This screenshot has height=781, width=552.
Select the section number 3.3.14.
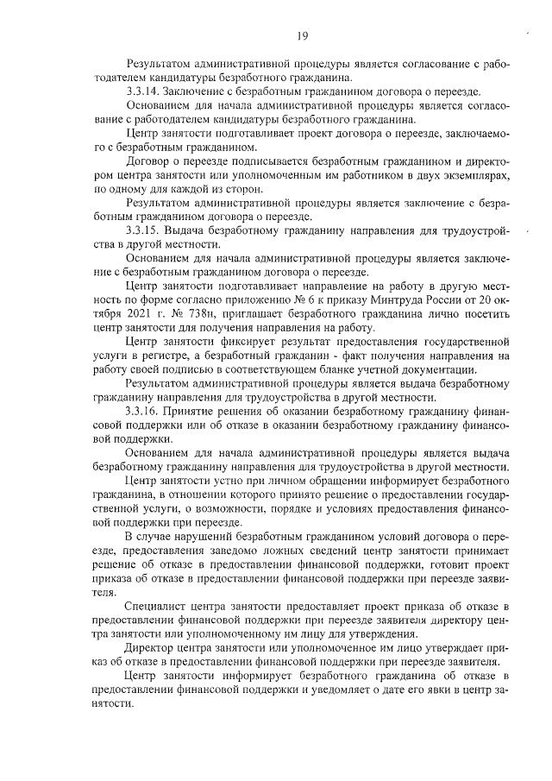(x=142, y=91)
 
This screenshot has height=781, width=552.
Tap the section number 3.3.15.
(x=142, y=231)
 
